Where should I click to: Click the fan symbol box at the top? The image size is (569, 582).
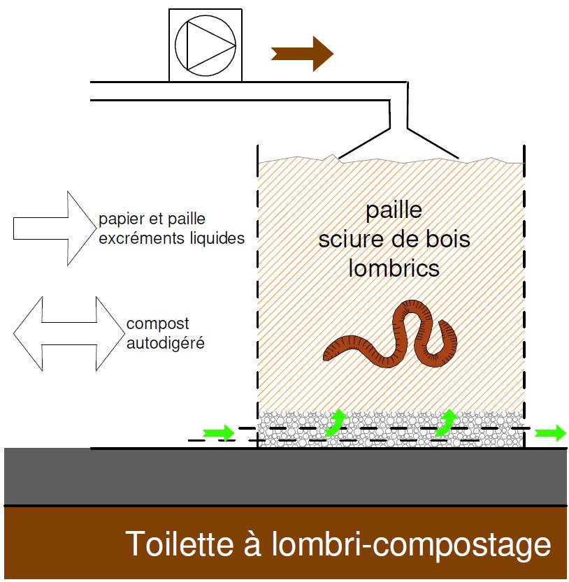(205, 45)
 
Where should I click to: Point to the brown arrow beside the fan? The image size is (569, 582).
(302, 52)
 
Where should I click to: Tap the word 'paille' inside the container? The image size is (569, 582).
(394, 210)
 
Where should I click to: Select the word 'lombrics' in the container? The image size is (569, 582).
(394, 268)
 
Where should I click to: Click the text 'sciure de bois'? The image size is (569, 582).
(394, 239)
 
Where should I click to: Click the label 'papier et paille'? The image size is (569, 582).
(152, 219)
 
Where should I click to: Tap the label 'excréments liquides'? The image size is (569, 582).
(171, 238)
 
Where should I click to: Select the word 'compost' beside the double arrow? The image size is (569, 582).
(158, 324)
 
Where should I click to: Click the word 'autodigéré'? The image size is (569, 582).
(166, 343)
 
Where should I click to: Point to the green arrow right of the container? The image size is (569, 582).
(550, 433)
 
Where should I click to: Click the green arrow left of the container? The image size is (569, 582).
(219, 433)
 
